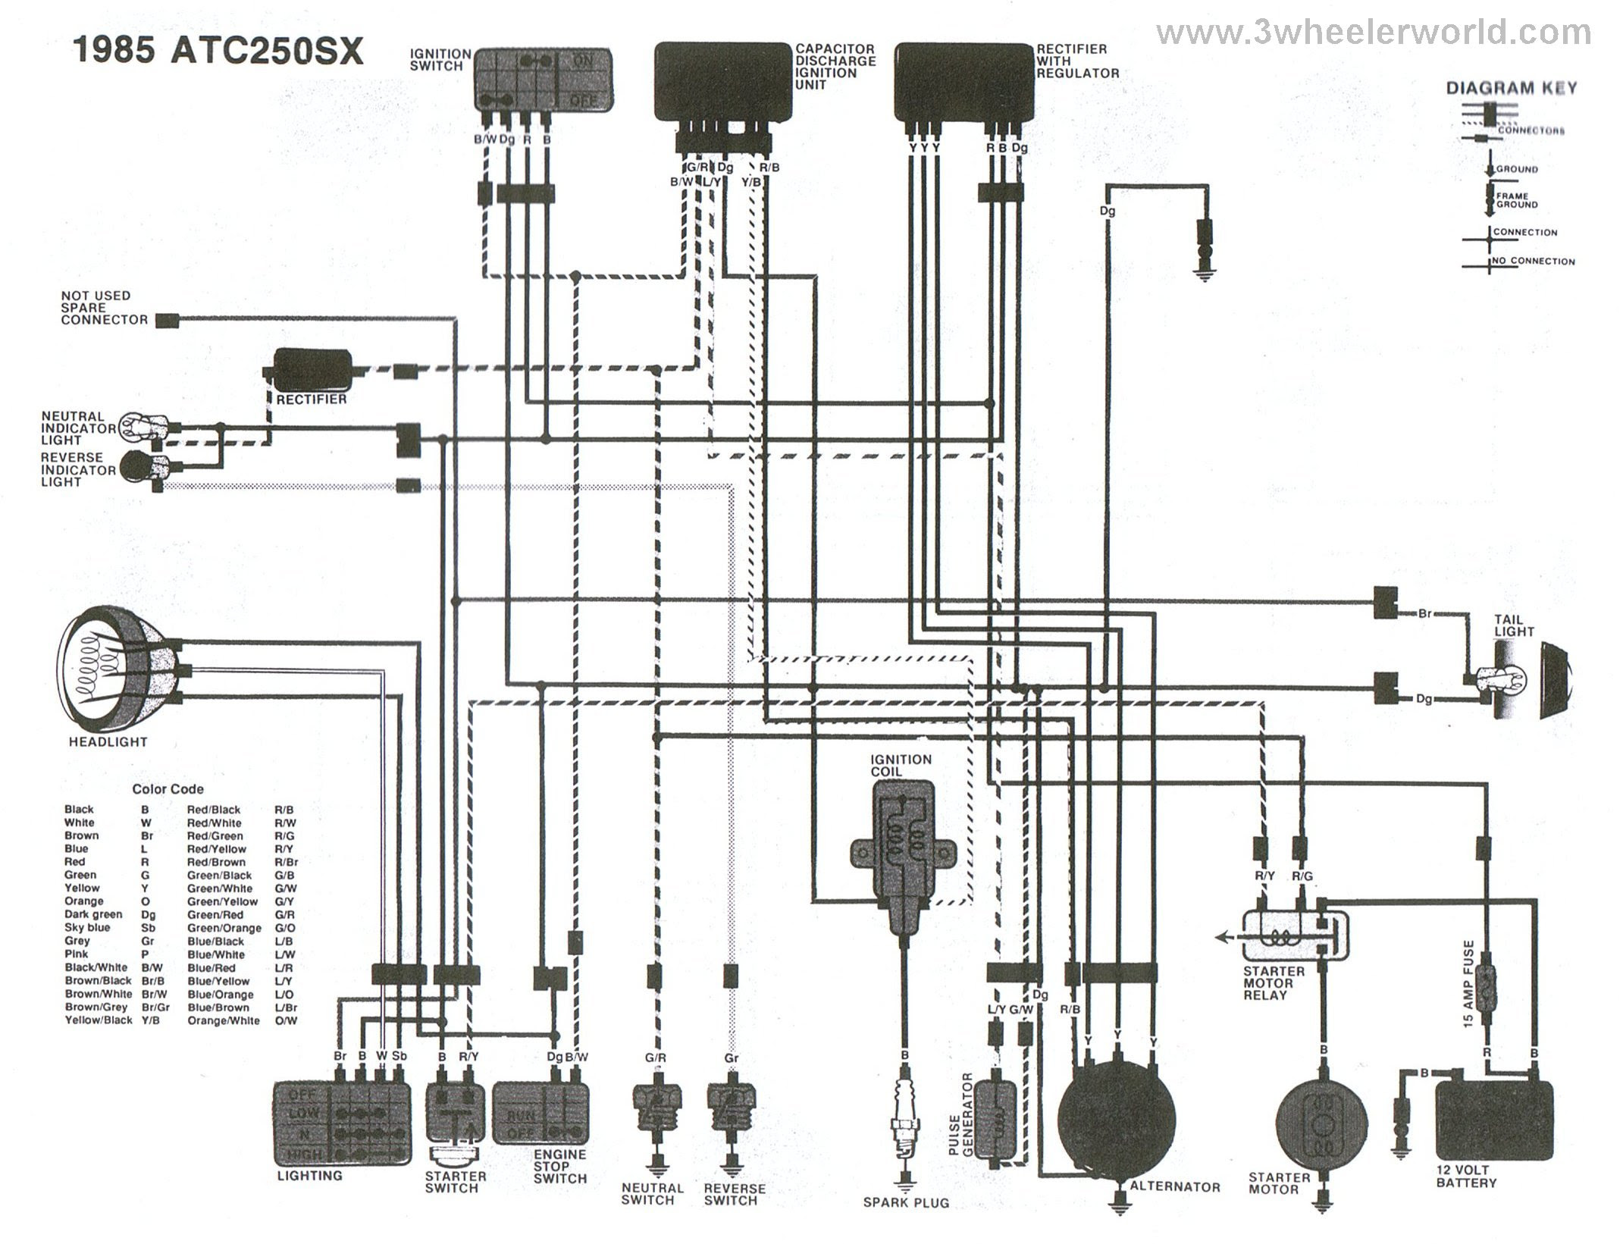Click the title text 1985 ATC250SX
click(x=218, y=52)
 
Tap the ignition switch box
click(x=544, y=80)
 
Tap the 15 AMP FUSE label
click(x=1468, y=985)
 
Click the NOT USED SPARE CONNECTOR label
click(x=105, y=308)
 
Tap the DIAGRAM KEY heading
click(x=1512, y=88)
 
